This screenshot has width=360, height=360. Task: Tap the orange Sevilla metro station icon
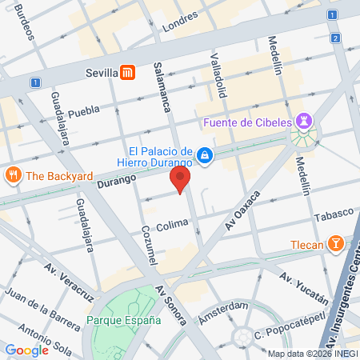tap(126, 73)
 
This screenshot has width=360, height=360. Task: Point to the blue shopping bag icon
tap(206, 154)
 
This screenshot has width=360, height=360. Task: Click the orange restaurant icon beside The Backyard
tap(13, 175)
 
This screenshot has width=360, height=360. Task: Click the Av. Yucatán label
tap(305, 289)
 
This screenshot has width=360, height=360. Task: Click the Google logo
tap(26, 350)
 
